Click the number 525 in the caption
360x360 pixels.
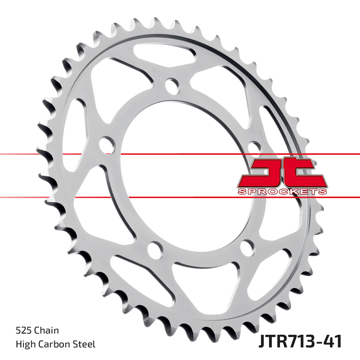pos(24,331)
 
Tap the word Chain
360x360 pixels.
pos(46,331)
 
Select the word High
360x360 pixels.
pos(25,344)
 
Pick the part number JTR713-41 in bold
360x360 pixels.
pos(300,342)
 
